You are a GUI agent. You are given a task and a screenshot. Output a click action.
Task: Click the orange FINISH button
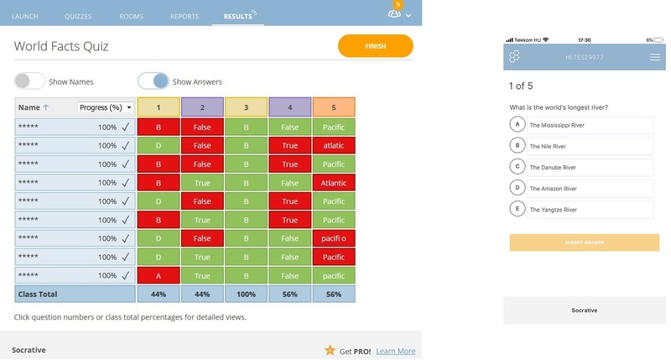pyautogui.click(x=375, y=46)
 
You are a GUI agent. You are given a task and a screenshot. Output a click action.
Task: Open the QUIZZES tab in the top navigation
pyautogui.click(x=78, y=16)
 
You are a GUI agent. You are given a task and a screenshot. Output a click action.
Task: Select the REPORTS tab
pyautogui.click(x=185, y=16)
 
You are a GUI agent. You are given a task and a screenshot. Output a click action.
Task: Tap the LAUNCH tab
pyautogui.click(x=25, y=16)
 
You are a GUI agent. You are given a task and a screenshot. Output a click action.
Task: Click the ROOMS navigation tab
pyautogui.click(x=131, y=16)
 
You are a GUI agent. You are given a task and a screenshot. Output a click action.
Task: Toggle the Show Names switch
pyautogui.click(x=29, y=81)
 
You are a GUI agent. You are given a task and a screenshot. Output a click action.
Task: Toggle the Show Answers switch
pyautogui.click(x=153, y=81)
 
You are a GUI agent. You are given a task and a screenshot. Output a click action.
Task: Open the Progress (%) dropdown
pyautogui.click(x=105, y=107)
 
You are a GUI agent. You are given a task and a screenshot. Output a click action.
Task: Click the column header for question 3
pyautogui.click(x=246, y=107)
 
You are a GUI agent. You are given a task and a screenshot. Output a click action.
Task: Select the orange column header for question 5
pyautogui.click(x=333, y=107)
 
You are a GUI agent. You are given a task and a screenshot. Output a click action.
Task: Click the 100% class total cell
pyautogui.click(x=246, y=295)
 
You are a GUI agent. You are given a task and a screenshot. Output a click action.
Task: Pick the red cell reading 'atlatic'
pyautogui.click(x=333, y=145)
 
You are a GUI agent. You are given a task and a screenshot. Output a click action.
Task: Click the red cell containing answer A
pyautogui.click(x=159, y=275)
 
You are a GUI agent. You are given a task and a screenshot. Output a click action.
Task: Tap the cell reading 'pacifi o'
pyautogui.click(x=333, y=238)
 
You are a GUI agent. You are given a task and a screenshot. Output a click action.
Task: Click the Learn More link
pyautogui.click(x=395, y=351)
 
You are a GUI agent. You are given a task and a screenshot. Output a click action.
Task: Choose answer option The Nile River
pyautogui.click(x=582, y=146)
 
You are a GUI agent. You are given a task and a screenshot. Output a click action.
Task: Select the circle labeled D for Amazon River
pyautogui.click(x=518, y=188)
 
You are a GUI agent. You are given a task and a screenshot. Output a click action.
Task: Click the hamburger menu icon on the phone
pyautogui.click(x=655, y=57)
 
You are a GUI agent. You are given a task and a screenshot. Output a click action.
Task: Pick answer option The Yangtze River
pyautogui.click(x=582, y=209)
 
